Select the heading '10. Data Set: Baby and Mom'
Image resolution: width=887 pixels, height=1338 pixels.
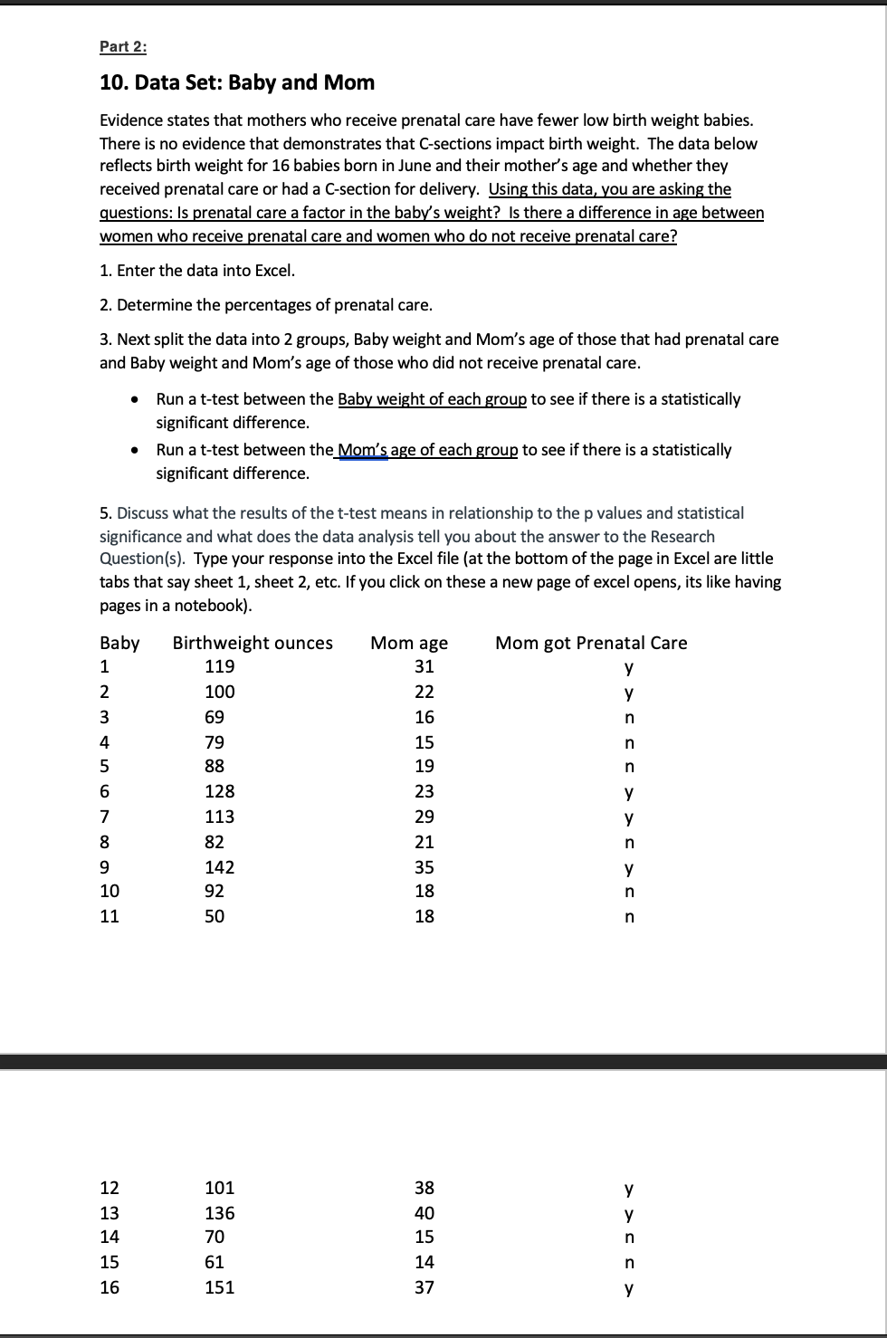236,82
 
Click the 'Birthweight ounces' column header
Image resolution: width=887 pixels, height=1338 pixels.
253,643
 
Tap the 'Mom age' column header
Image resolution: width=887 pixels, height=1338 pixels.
409,643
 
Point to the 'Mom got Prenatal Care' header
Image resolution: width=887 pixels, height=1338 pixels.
591,643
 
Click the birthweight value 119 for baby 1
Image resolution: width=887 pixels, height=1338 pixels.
220,667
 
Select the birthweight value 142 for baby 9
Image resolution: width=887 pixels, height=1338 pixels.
220,867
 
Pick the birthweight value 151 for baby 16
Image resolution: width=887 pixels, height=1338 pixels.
220,1287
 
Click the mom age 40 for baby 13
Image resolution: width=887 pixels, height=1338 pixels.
424,1213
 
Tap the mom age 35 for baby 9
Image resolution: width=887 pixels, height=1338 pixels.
424,867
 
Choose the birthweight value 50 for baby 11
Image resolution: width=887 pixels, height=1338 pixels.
215,916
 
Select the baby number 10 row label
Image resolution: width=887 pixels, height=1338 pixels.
110,892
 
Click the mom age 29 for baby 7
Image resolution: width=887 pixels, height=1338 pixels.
424,817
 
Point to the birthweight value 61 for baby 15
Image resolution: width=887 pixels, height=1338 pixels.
215,1262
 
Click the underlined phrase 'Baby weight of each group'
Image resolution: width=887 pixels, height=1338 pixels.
432,399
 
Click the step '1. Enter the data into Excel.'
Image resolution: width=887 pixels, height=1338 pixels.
197,271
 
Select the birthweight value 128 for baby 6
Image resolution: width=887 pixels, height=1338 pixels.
220,792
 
